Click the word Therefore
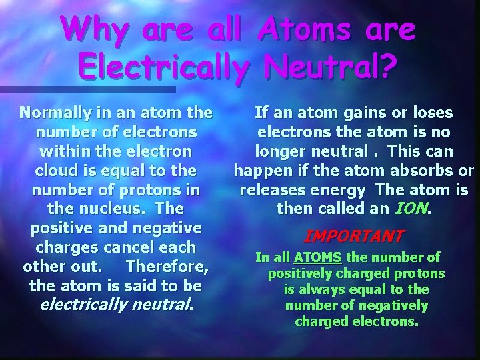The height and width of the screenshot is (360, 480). (x=167, y=266)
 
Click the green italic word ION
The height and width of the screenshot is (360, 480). (x=413, y=209)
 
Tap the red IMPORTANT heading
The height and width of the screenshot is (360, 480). (x=354, y=236)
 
